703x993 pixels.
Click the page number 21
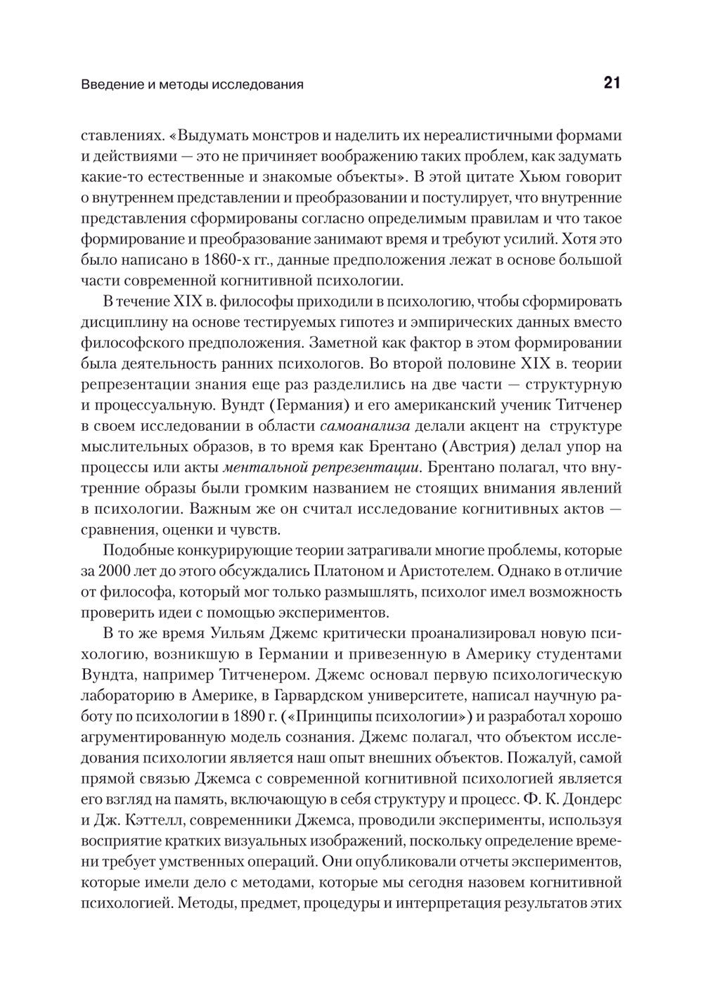tap(611, 84)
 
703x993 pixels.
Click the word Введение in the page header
tap(107, 85)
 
